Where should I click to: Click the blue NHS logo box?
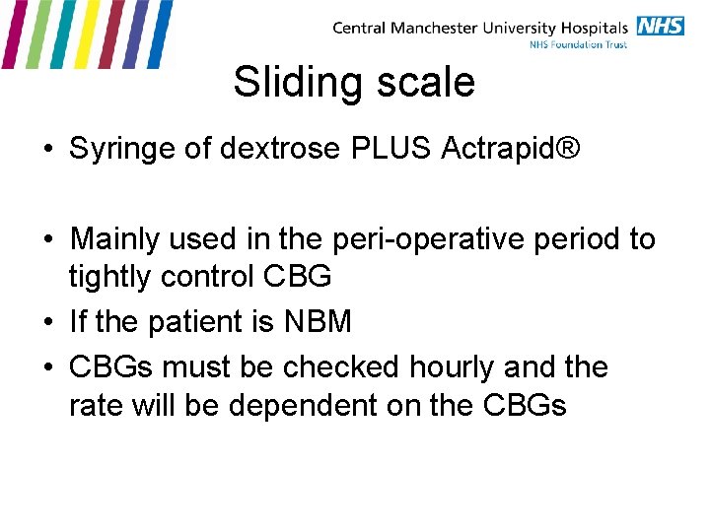(660, 26)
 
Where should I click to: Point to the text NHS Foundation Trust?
(579, 45)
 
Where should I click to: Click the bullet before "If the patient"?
(48, 323)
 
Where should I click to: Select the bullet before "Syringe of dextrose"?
(48, 150)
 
